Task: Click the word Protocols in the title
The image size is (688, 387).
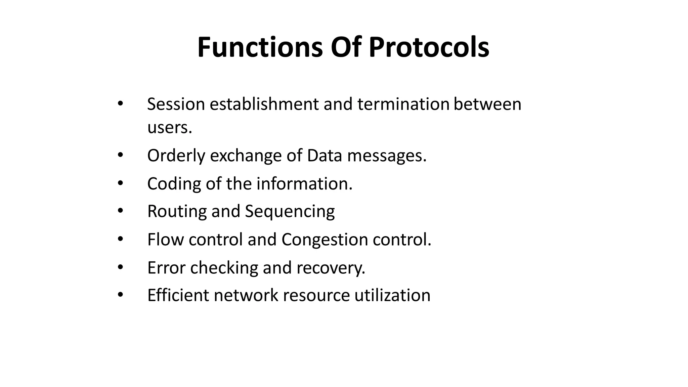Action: point(429,47)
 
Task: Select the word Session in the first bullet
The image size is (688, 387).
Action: point(176,104)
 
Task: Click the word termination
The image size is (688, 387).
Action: point(403,104)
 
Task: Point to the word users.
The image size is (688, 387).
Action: point(170,128)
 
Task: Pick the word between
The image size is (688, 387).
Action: point(487,104)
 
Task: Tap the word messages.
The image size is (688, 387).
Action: point(387,156)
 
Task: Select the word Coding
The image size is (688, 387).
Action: point(174,184)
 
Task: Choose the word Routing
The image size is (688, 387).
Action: point(177,212)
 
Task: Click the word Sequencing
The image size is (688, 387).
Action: point(290,212)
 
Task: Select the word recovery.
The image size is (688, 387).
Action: point(331,268)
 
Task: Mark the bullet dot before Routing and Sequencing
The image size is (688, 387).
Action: point(120,211)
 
